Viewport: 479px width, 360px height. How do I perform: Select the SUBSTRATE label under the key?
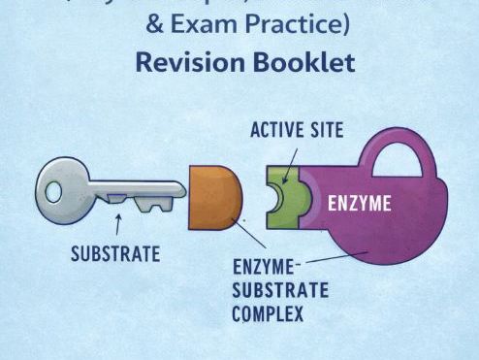click(116, 255)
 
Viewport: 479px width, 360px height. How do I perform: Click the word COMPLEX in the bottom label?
click(269, 312)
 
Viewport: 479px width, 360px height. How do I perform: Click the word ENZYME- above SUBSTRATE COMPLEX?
click(268, 268)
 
